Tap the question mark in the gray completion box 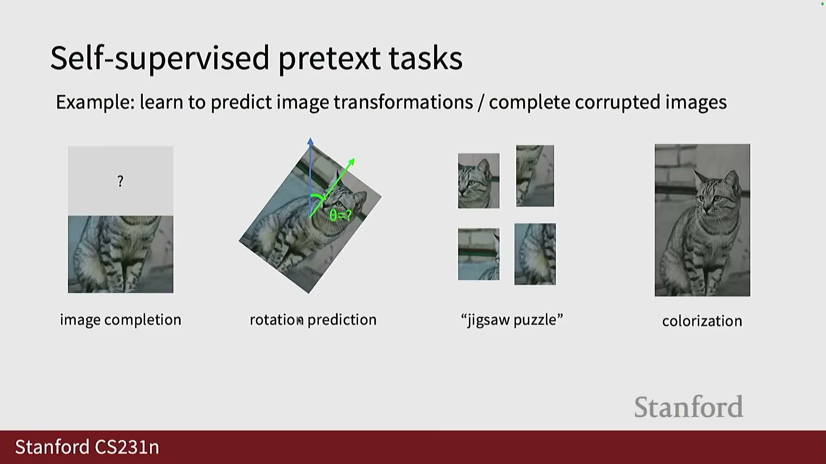click(x=120, y=181)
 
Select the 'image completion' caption click(x=120, y=320)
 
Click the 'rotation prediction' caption click(x=313, y=320)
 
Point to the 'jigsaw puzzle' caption click(x=512, y=320)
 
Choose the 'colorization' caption click(x=702, y=321)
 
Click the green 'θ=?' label click(x=340, y=215)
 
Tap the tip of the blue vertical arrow click(x=310, y=138)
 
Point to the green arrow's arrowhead click(x=351, y=162)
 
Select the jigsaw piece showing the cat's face click(x=479, y=181)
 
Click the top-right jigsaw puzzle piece click(x=535, y=176)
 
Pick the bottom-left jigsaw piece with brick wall click(x=479, y=254)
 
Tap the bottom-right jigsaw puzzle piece click(x=535, y=254)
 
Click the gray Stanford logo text click(x=689, y=407)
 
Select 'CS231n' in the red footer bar click(x=127, y=447)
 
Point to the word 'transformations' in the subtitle click(x=403, y=102)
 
